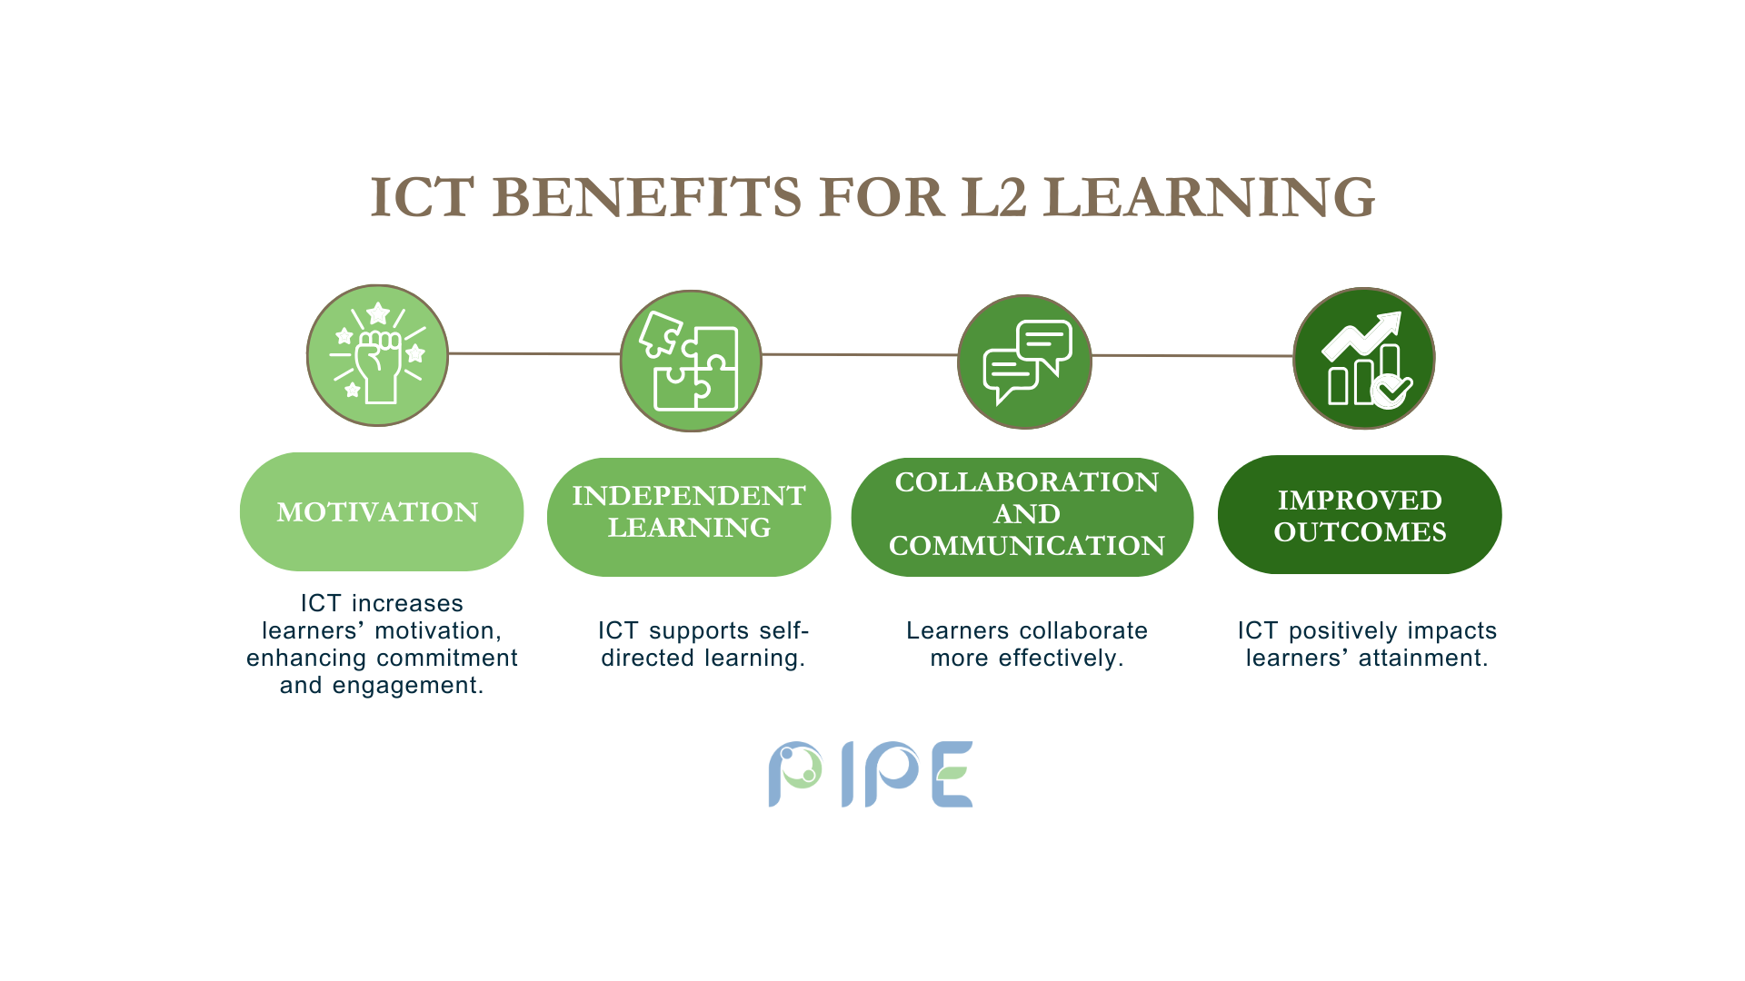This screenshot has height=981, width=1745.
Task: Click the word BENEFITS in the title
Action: coord(651,197)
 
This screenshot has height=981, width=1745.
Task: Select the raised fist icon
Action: coord(377,355)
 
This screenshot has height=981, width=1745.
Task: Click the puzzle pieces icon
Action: coord(691,361)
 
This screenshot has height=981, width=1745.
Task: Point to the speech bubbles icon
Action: coord(1025,362)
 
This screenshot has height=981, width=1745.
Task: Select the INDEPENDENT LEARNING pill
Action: coord(689,517)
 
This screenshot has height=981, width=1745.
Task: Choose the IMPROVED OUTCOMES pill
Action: coord(1360,514)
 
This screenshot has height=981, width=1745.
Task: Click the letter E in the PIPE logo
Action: coord(953,774)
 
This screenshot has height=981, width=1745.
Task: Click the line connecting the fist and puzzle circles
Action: coord(534,353)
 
